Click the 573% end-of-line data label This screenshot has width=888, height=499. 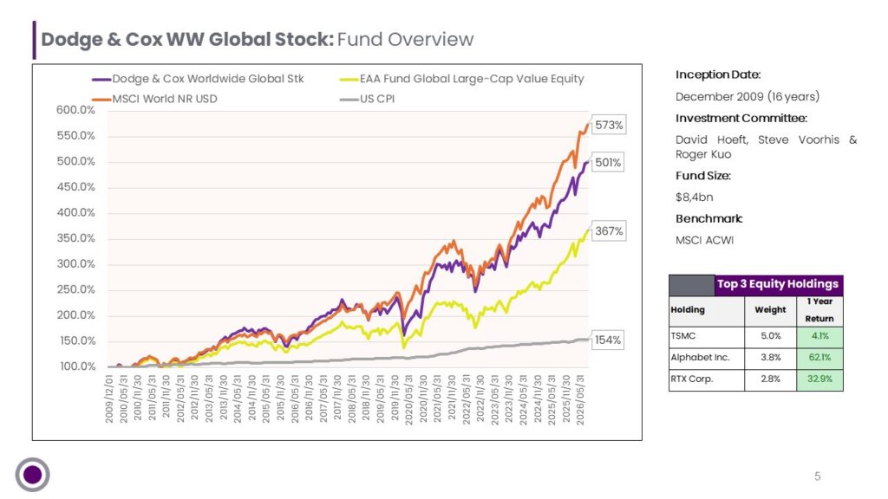pos(609,125)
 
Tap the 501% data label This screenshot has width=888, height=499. pos(608,162)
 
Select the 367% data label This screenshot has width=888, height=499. pos(609,230)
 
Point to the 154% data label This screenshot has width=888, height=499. pos(608,340)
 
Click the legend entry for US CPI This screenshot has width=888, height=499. pos(367,99)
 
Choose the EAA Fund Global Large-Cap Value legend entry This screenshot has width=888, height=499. pos(461,79)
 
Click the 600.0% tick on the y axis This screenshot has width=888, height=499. pos(76,110)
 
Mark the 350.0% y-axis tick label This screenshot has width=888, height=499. pos(76,238)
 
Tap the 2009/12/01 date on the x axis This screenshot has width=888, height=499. pos(108,399)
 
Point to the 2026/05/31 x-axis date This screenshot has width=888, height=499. pos(579,399)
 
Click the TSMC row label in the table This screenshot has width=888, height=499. pos(683,335)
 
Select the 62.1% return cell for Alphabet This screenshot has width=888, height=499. pos(819,357)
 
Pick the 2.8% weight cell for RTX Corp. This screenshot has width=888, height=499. pos(770,379)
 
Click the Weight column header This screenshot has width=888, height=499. pos(770,309)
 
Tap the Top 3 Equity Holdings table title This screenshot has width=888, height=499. pos(778,284)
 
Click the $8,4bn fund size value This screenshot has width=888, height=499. pos(695,198)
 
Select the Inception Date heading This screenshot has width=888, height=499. pos(718,75)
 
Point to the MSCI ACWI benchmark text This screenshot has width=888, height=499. pos(704,241)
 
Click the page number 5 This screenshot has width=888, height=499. pos(817,476)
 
